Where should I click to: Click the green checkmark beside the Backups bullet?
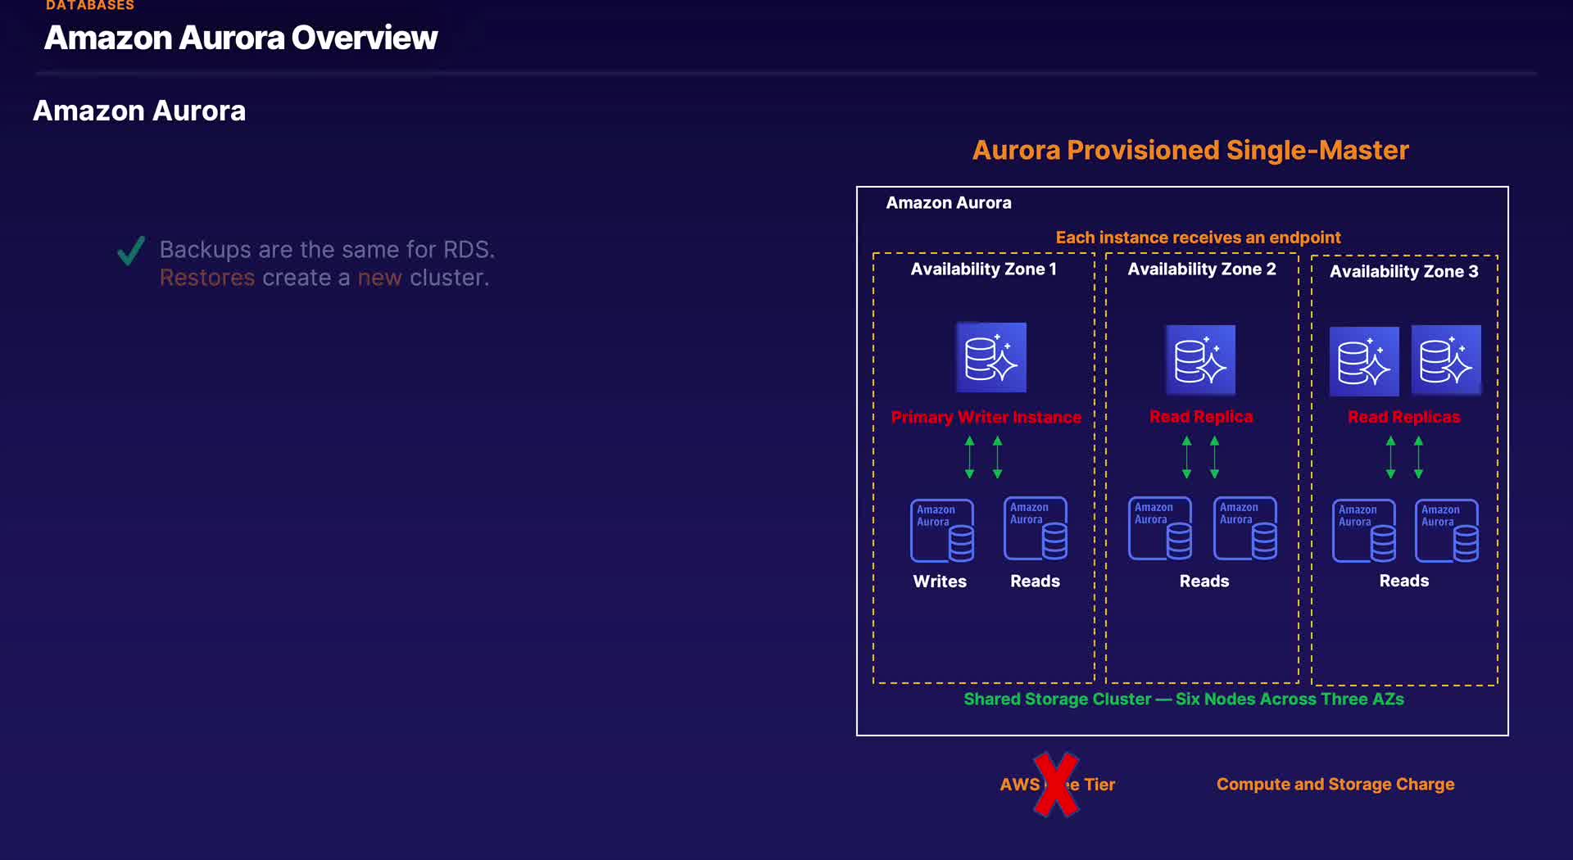(131, 251)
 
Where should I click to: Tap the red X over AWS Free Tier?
(1055, 785)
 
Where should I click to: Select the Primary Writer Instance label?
(986, 418)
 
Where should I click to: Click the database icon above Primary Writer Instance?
(990, 358)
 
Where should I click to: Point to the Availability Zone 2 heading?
(1201, 269)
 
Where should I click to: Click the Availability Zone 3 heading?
(1403, 272)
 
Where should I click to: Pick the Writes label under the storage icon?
(940, 582)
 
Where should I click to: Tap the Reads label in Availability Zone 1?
(1035, 582)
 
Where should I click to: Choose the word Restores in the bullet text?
(207, 278)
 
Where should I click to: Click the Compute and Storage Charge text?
(1335, 785)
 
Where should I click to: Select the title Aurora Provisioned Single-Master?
(1190, 151)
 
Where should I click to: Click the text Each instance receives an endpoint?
(1198, 238)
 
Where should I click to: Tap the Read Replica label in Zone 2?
(1201, 417)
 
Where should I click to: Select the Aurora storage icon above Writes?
(942, 531)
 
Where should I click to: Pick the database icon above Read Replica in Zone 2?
(1200, 360)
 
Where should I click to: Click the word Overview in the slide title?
(365, 38)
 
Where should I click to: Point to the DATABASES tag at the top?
(90, 6)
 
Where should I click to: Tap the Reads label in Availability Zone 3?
(1403, 582)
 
